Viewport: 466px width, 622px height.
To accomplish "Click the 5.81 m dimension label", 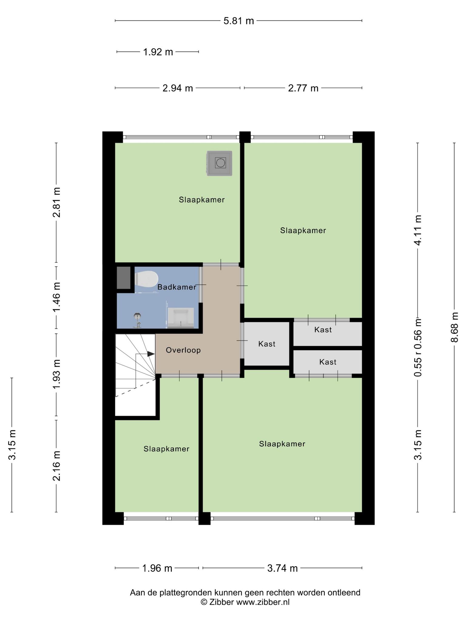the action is tap(238, 21).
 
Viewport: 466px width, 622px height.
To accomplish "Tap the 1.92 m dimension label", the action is tap(158, 52).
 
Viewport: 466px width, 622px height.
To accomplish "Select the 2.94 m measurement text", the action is tap(178, 88).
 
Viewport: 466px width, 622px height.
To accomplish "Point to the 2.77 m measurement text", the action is tap(303, 88).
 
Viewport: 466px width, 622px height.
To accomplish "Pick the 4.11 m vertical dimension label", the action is tap(418, 230).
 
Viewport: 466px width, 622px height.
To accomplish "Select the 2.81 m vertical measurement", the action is tap(56, 202).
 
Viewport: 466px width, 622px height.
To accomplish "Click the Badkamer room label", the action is tap(177, 287).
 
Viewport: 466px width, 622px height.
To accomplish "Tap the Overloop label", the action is tap(183, 350).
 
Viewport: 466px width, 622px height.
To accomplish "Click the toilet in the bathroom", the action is tap(147, 279).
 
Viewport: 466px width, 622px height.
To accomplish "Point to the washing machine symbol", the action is tap(220, 163).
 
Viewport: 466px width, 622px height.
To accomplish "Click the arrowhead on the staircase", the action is tap(151, 354).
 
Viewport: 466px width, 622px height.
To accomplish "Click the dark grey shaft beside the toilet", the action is tap(124, 278).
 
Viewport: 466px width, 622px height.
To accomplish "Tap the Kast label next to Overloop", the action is tap(267, 344).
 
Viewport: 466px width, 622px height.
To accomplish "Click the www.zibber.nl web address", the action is tap(263, 602).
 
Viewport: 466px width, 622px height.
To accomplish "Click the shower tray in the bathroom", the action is tap(181, 318).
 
